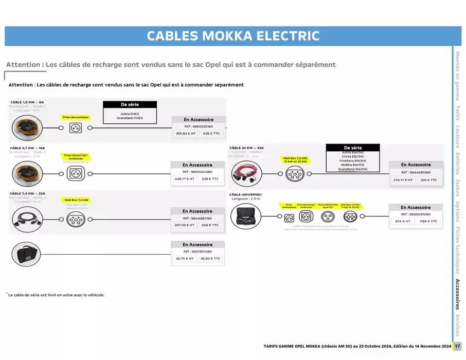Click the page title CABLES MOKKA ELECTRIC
coord(232,36)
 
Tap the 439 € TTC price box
coord(211,134)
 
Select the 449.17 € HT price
coord(185,179)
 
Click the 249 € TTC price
coord(210,225)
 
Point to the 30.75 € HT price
coord(185,259)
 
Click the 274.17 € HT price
coord(403,180)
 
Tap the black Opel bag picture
coord(28,254)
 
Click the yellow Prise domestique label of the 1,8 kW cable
coord(76,117)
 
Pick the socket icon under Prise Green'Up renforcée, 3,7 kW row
coord(76,173)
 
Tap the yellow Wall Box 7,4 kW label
coord(76,200)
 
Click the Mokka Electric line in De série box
coord(352,165)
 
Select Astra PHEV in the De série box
coord(130,113)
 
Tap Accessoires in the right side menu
coord(457,294)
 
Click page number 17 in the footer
coord(457,346)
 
